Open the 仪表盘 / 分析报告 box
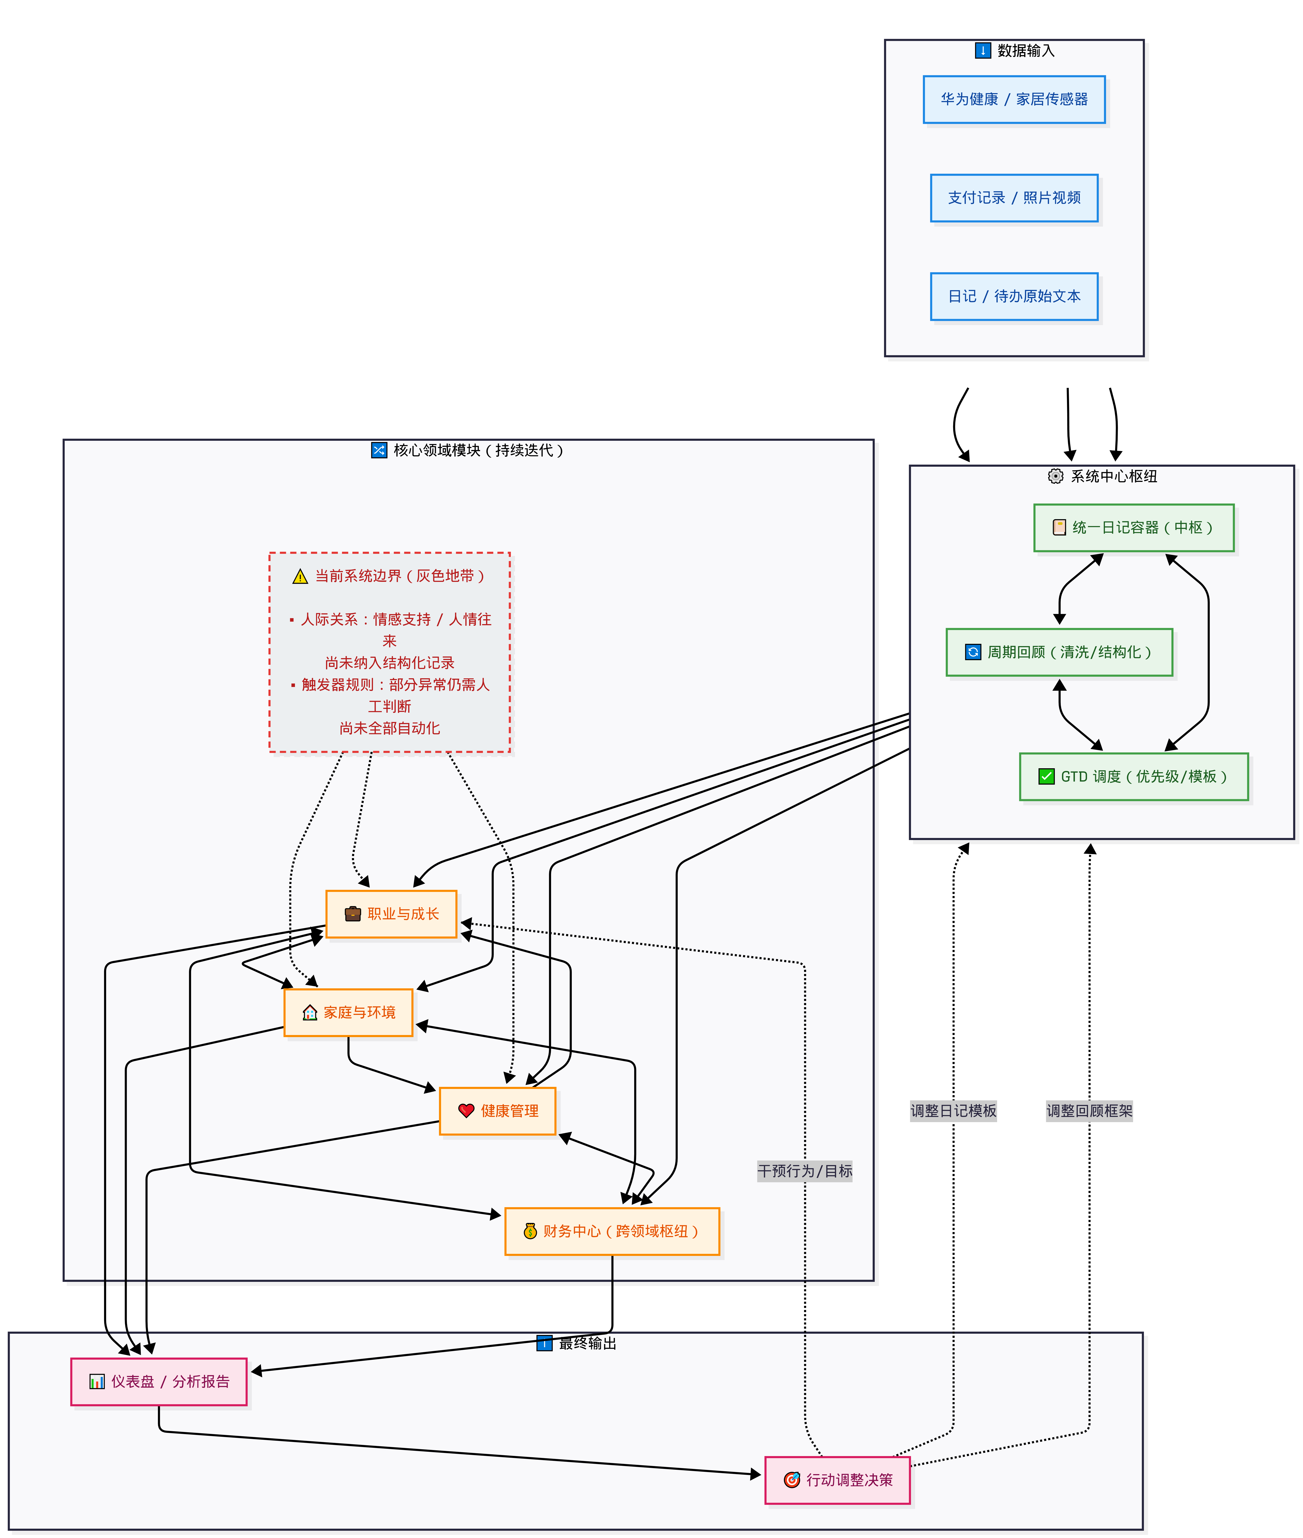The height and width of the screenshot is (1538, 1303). [x=159, y=1381]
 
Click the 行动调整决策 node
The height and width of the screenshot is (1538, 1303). [x=838, y=1480]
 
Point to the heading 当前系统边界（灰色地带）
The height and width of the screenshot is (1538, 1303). [x=400, y=575]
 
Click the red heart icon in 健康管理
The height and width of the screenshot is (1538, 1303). [x=466, y=1110]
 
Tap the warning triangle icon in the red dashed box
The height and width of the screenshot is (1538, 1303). [x=300, y=576]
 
